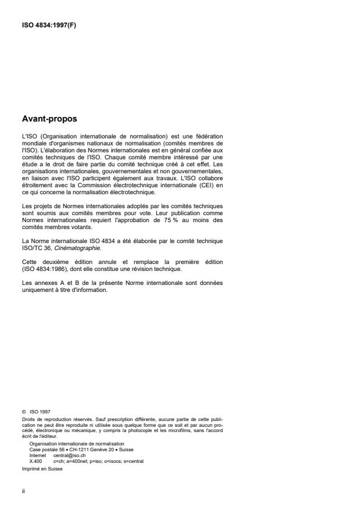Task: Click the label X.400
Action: [x=35, y=460]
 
